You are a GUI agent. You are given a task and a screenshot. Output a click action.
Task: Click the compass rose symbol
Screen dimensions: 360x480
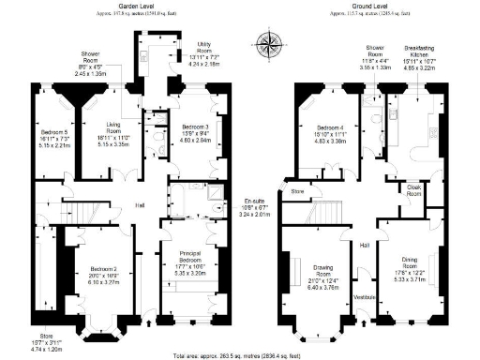pyautogui.click(x=271, y=42)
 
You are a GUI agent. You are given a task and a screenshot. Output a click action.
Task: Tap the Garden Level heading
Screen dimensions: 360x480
pyautogui.click(x=136, y=5)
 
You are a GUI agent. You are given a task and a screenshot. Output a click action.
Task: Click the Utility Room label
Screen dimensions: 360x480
pyautogui.click(x=203, y=47)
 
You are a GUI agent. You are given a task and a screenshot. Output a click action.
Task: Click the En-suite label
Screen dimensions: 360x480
pyautogui.click(x=252, y=202)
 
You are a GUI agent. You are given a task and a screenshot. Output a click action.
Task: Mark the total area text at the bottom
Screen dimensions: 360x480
pyautogui.click(x=239, y=354)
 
